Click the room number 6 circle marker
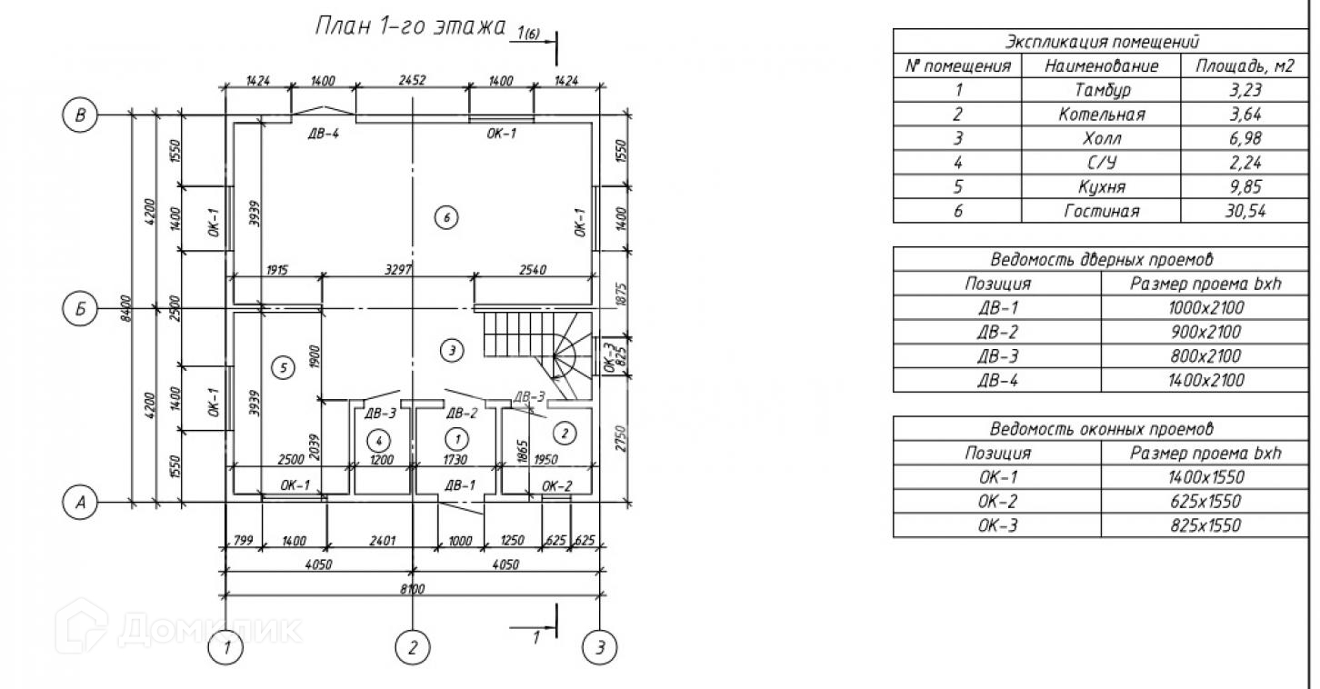point(446,218)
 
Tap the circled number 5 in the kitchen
point(283,368)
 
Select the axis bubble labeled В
point(80,115)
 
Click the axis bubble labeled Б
point(80,308)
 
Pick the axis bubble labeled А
point(80,502)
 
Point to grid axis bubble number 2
point(413,647)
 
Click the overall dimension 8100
point(412,588)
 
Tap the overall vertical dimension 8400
point(125,308)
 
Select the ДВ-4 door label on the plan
point(324,134)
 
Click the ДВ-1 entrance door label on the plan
point(460,485)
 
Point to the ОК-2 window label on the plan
point(556,486)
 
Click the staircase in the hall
point(537,354)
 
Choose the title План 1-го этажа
point(410,26)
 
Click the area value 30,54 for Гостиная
point(1245,210)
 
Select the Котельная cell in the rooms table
point(1102,114)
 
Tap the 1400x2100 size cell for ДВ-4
point(1205,380)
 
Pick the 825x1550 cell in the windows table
point(1205,525)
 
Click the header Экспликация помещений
point(1102,42)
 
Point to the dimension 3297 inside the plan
point(398,270)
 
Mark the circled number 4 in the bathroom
point(378,440)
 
